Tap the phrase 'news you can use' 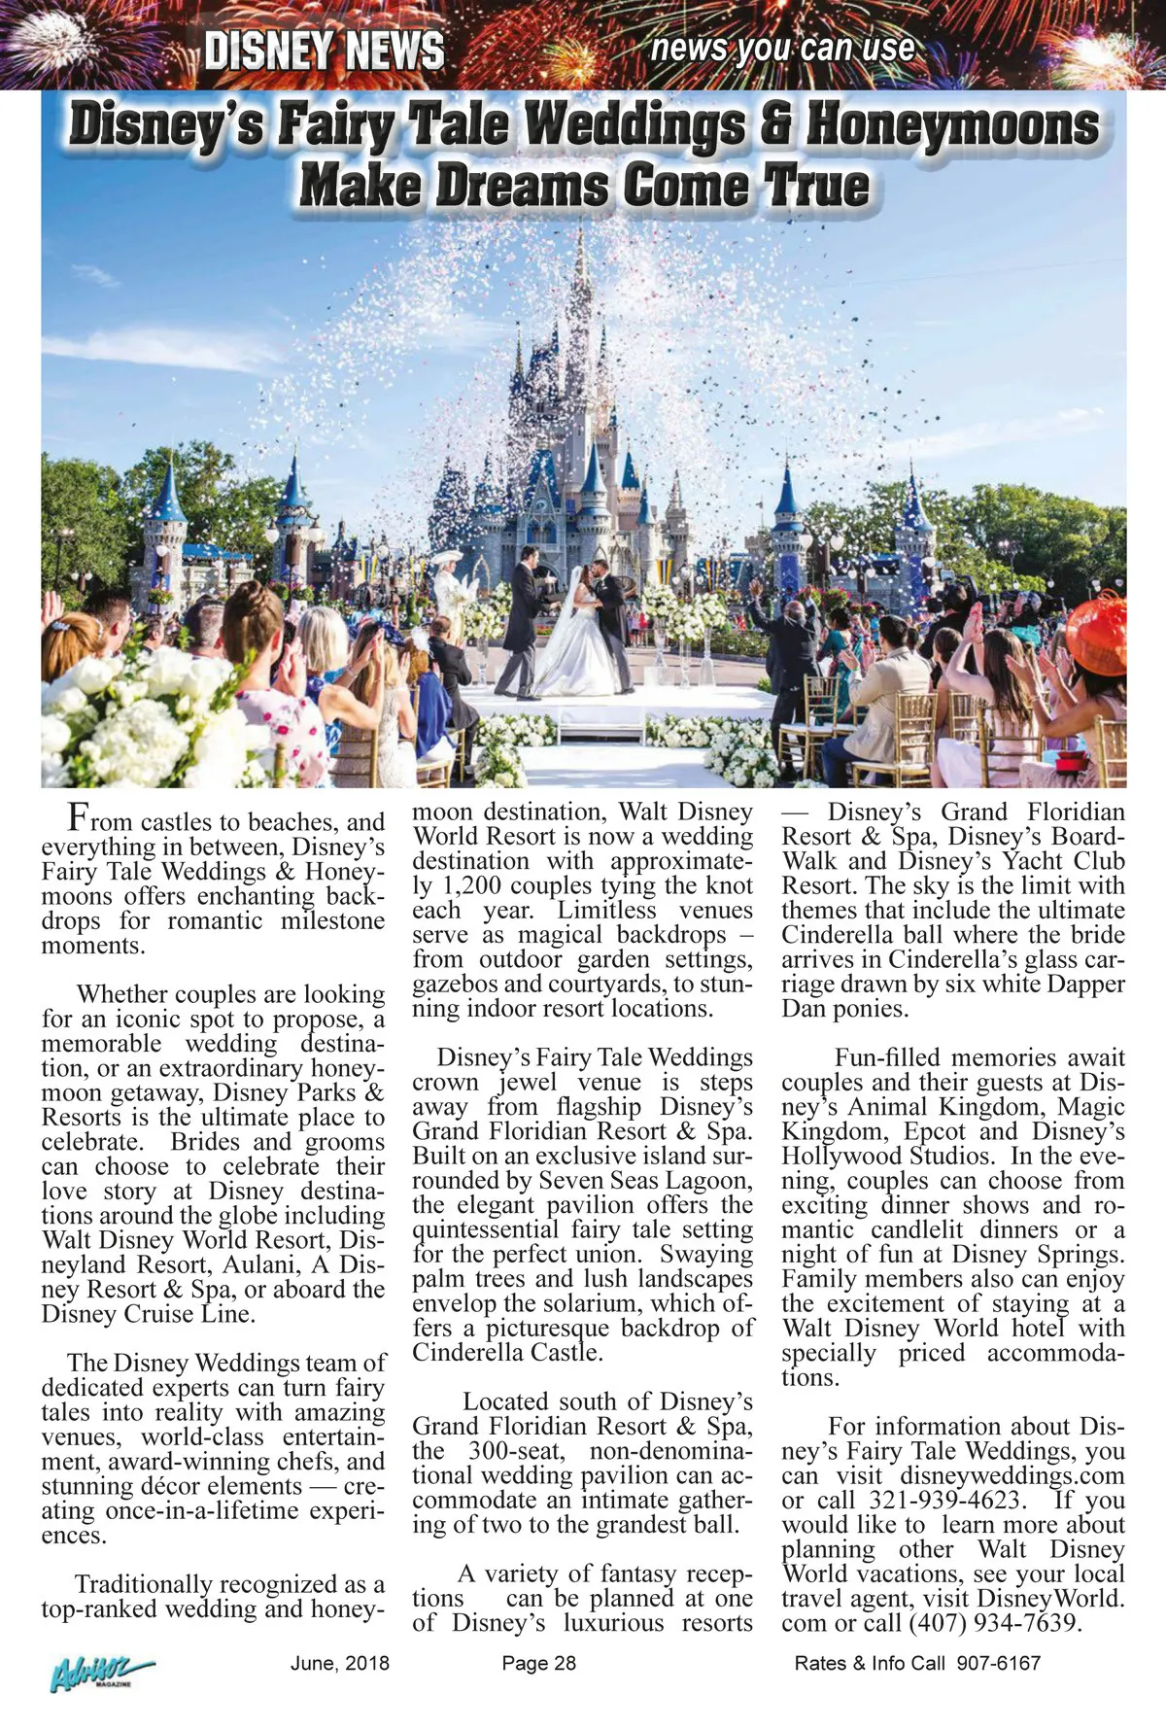coord(782,48)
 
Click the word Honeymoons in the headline coord(953,126)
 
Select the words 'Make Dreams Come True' coord(584,185)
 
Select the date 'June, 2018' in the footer coord(339,1663)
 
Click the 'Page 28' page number coord(538,1663)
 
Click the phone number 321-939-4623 coord(944,1500)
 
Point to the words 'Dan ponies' coord(844,1008)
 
